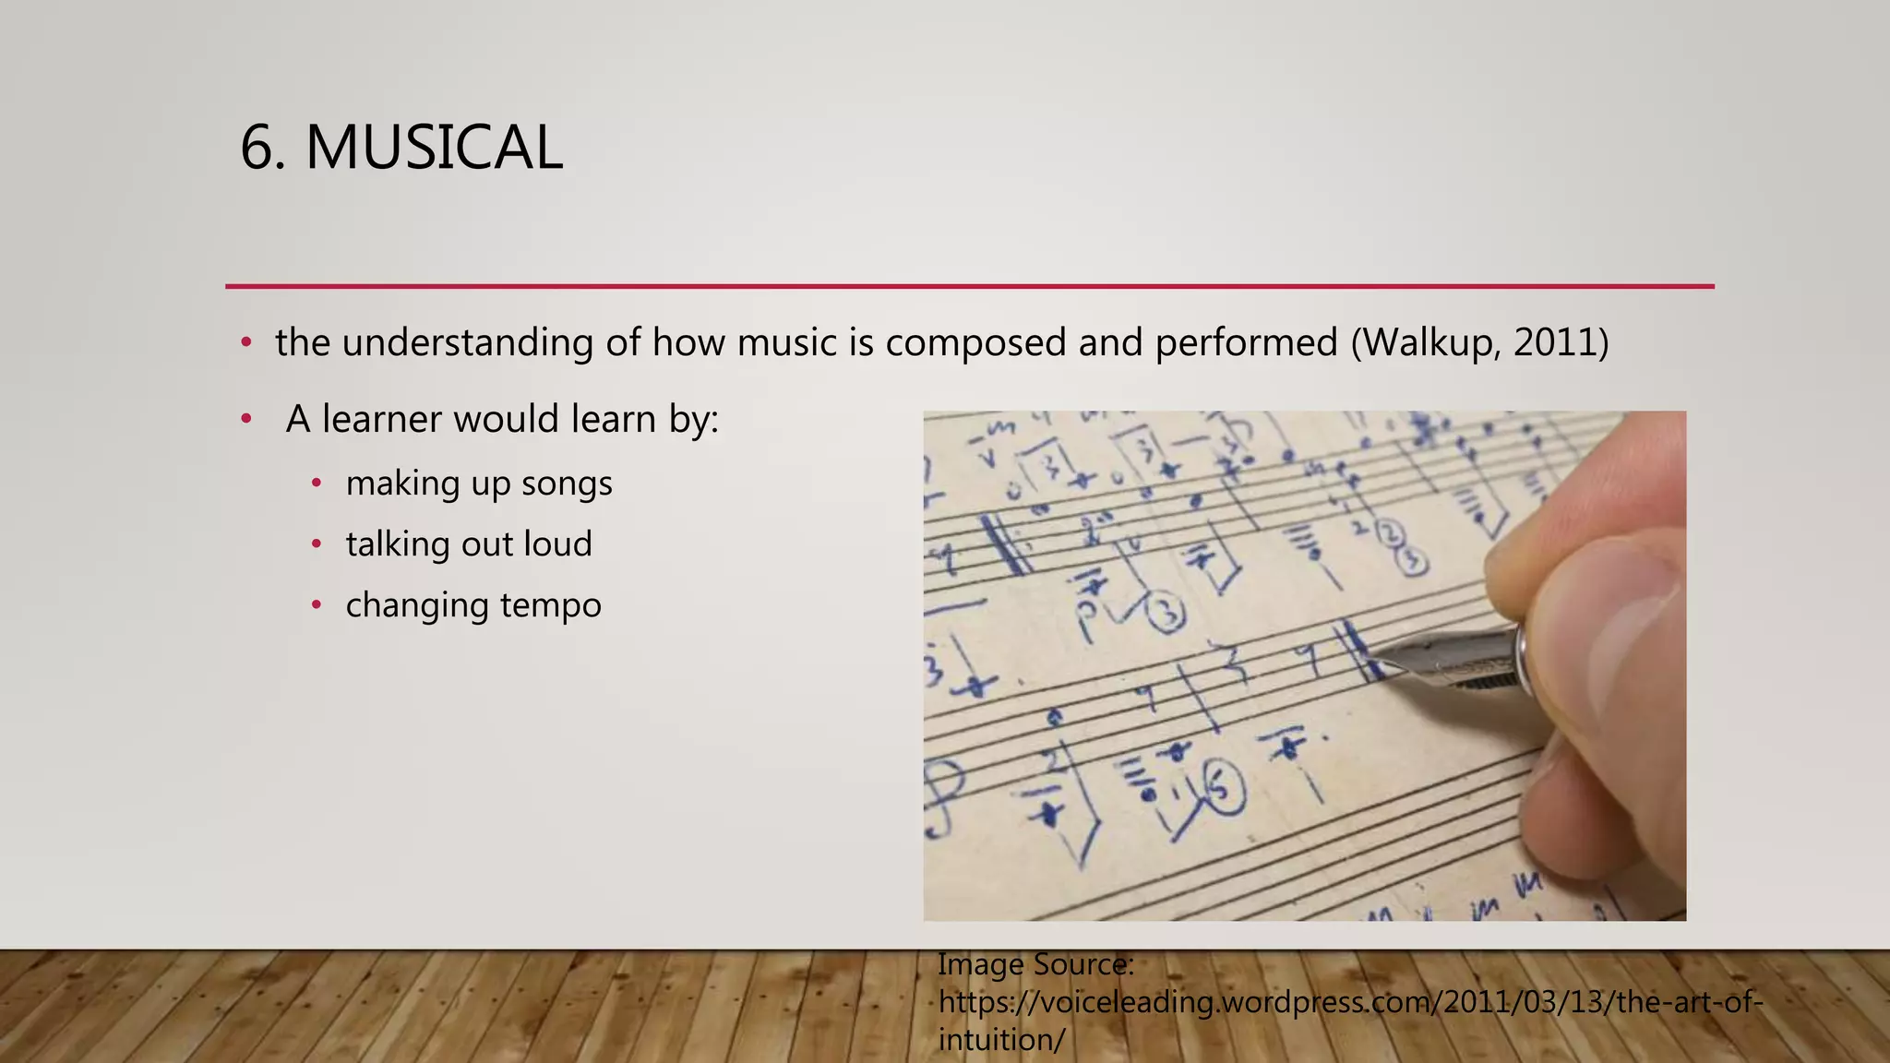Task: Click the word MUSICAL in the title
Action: (x=434, y=148)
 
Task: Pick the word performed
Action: (x=1246, y=342)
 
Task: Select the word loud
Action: (x=557, y=544)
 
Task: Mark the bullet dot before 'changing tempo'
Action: (x=317, y=605)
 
